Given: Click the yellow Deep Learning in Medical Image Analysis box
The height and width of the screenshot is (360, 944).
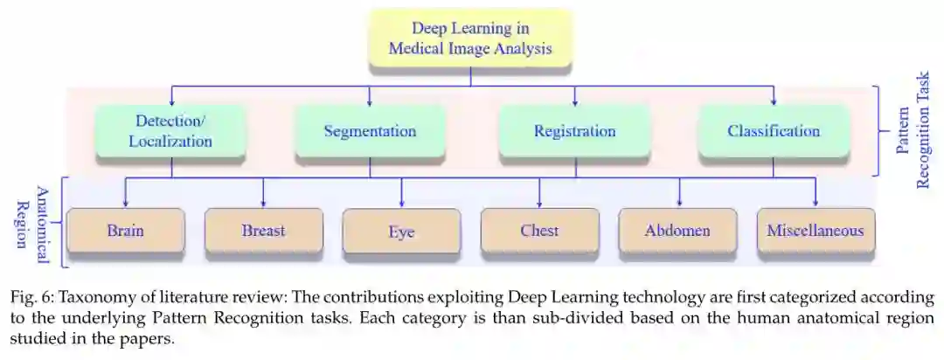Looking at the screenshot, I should tap(470, 38).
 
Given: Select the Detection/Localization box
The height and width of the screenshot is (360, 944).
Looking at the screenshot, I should tap(170, 130).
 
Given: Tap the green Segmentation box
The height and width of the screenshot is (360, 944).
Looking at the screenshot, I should tap(370, 131).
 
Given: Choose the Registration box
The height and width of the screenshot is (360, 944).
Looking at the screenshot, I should tap(574, 131).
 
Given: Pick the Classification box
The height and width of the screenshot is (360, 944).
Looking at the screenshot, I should tap(774, 131).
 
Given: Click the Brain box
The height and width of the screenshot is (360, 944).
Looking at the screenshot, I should tap(125, 232).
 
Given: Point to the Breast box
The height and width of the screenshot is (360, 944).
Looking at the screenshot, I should tap(263, 232).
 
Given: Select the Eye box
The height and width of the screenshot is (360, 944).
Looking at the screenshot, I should tap(401, 232).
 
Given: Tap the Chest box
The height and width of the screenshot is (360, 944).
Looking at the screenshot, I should tap(539, 232).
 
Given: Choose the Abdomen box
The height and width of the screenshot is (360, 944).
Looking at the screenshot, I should tap(677, 232).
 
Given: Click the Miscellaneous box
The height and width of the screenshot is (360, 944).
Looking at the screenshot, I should tap(816, 232).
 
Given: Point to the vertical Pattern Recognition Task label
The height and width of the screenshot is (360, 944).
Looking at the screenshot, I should tap(913, 130).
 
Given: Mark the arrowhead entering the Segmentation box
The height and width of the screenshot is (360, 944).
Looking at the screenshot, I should tap(370, 101).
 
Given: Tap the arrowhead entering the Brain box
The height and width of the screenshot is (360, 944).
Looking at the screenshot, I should tap(125, 203).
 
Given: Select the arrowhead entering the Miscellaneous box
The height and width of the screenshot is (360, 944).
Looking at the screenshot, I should tap(816, 203).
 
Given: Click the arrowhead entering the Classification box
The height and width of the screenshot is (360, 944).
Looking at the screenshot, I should tap(774, 101).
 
